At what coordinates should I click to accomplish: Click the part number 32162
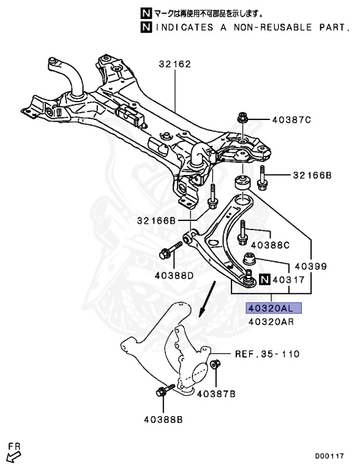click(x=175, y=64)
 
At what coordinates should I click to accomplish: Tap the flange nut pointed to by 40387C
click(x=242, y=119)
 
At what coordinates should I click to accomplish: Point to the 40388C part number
click(x=269, y=245)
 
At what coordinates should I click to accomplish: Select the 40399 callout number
click(x=310, y=267)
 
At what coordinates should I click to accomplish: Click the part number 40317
click(x=288, y=281)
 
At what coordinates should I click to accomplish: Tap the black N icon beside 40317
click(x=264, y=281)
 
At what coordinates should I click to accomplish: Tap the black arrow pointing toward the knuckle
click(x=208, y=298)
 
